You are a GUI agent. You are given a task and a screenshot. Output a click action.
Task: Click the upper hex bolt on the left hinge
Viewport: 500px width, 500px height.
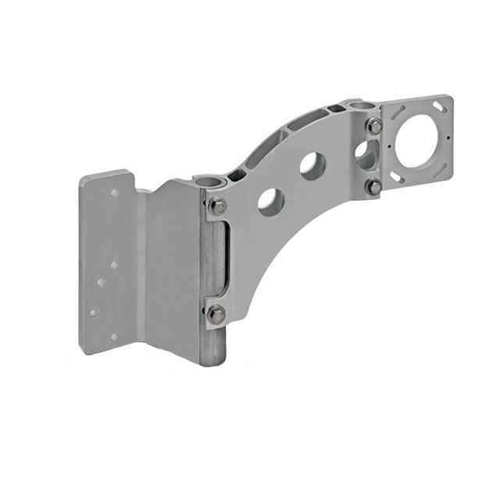(x=218, y=206)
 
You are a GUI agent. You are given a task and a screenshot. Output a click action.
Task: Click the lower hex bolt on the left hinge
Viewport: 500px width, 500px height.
(x=216, y=314)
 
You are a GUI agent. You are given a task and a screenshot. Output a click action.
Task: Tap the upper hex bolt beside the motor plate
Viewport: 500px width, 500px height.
(x=374, y=126)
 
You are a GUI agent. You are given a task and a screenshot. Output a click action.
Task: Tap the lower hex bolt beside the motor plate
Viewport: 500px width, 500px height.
(x=374, y=187)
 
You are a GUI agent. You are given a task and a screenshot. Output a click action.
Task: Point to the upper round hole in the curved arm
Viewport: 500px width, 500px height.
(x=312, y=164)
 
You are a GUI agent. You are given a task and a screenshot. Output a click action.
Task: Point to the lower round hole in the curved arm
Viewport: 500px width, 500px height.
(x=269, y=201)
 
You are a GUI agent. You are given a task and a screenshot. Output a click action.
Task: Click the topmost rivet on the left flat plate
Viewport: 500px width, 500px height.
(x=115, y=191)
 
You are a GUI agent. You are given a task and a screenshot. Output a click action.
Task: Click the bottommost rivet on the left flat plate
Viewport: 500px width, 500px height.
(x=114, y=337)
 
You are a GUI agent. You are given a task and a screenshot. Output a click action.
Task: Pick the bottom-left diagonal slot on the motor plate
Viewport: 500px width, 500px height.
(x=395, y=178)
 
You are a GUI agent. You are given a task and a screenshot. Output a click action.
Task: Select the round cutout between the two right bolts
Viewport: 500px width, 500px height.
(x=365, y=154)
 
